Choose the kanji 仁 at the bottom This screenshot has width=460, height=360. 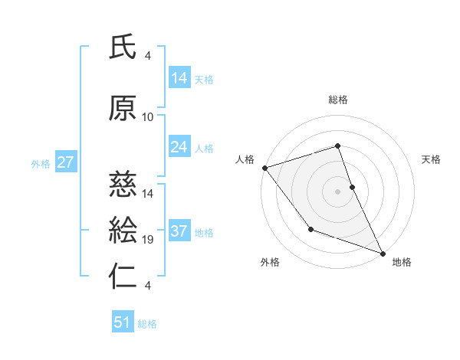pos(123,277)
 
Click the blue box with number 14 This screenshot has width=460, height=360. pos(179,78)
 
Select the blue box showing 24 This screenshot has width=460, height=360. pos(179,147)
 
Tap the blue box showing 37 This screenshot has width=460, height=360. pos(179,231)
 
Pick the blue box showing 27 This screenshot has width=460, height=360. pos(65,162)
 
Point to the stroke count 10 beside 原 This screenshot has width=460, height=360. pos(148,117)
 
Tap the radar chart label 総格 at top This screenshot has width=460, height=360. pos(338,100)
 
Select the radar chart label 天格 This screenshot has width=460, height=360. pos(432,159)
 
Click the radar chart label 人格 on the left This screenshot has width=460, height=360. pos(245,159)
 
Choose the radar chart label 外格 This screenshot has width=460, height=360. pos(270,262)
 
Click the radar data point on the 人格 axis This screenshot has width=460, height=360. pos(264,167)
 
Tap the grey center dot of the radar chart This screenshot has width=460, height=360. pos(338,191)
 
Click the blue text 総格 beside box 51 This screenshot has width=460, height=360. pos(147,323)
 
